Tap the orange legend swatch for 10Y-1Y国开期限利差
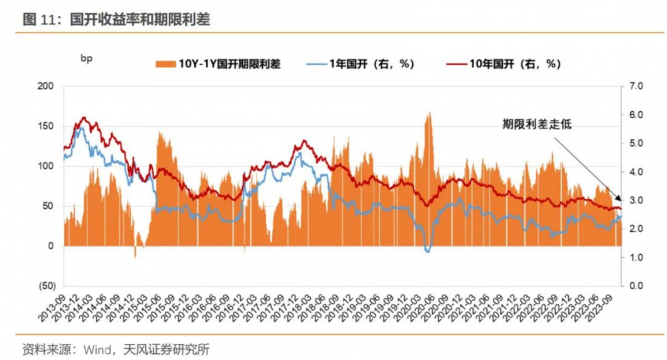coord(165,64)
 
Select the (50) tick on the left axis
coord(44,286)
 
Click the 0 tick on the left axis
coord(50,246)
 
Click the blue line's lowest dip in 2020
coord(428,251)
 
